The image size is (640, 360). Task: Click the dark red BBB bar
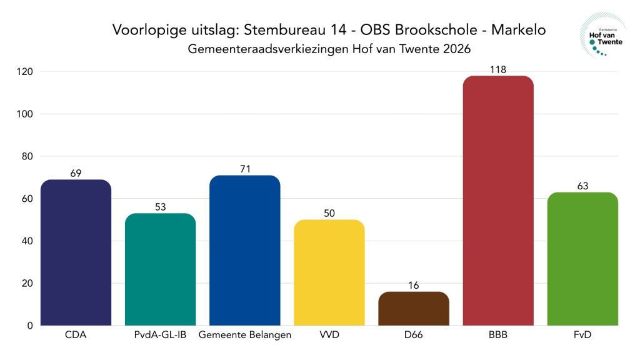[x=498, y=200]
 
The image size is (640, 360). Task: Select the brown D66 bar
[x=414, y=309]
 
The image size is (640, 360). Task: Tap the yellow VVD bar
[x=329, y=272]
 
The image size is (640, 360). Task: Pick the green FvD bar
[x=582, y=259]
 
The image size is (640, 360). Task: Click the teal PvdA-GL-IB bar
[x=160, y=269]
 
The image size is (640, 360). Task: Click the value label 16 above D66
[x=414, y=286]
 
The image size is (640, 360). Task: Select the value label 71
[x=245, y=169]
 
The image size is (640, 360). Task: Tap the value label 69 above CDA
[x=76, y=173]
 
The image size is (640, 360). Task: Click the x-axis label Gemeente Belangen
[x=245, y=335]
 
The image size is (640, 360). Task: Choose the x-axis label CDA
[x=76, y=335]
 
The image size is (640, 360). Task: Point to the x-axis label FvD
[x=582, y=335]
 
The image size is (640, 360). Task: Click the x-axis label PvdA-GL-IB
[x=160, y=335]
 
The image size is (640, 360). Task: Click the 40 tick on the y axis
[x=27, y=241]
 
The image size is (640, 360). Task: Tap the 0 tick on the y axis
[x=29, y=326]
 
